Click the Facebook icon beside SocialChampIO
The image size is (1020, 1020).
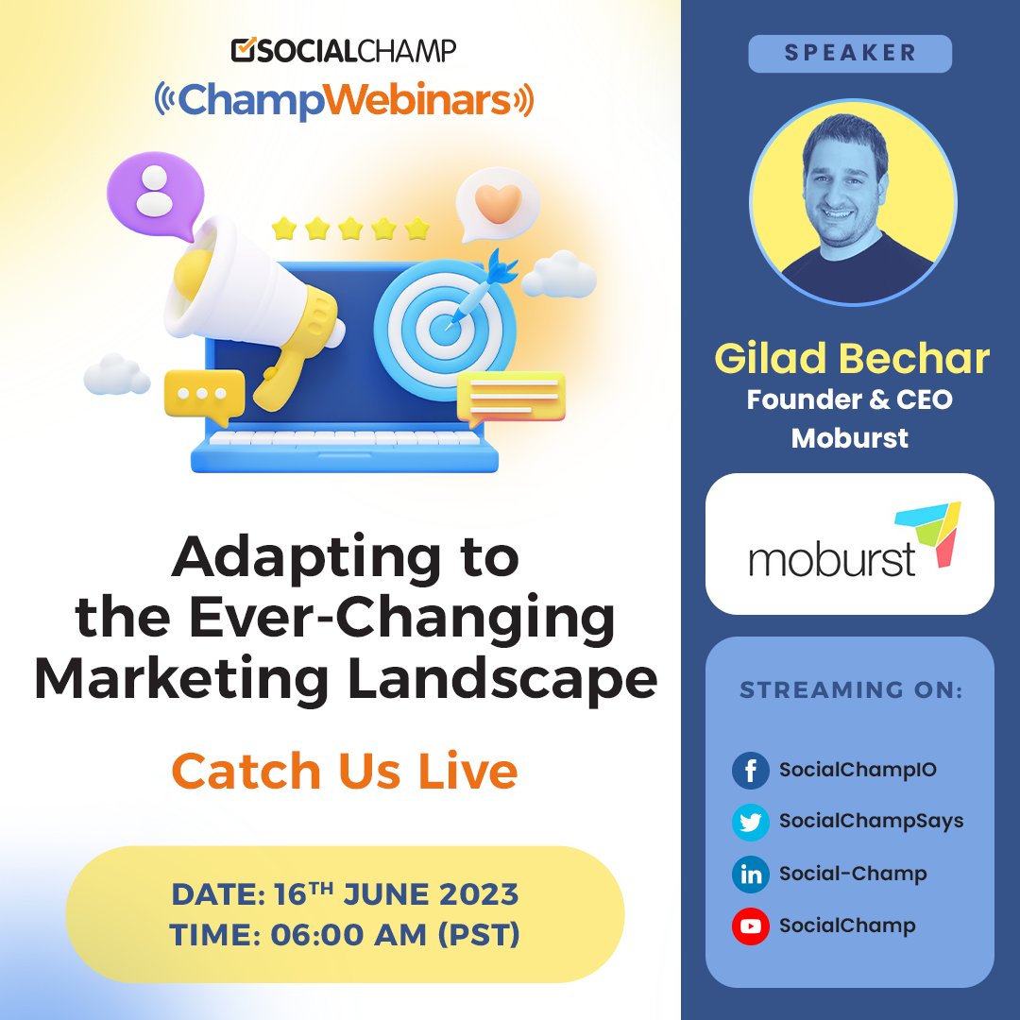point(751,771)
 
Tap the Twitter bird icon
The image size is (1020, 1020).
point(751,822)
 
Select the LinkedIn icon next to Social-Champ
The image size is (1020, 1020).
point(751,874)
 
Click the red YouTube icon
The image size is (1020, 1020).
point(751,926)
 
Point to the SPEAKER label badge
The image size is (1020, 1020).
point(850,54)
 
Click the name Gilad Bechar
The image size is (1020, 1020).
point(851,359)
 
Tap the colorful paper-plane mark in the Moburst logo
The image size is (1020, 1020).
point(929,535)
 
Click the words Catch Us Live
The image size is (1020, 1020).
point(345,771)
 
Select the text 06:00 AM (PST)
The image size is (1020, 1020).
point(395,935)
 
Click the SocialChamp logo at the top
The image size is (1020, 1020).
point(345,49)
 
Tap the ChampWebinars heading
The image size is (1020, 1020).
point(345,99)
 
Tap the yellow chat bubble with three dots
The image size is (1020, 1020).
point(203,395)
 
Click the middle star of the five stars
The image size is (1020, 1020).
point(349,229)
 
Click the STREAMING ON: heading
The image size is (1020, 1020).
point(850,690)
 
